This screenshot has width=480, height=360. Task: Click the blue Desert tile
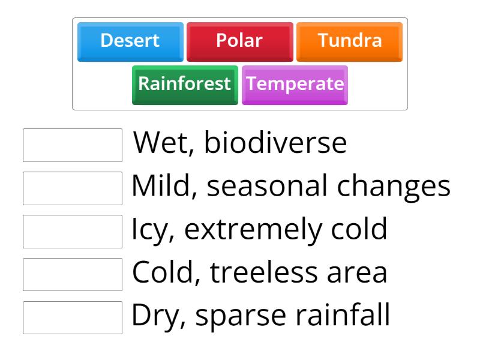[x=130, y=41]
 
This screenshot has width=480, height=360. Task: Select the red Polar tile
[x=239, y=41]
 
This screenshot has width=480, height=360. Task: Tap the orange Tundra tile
[x=349, y=41]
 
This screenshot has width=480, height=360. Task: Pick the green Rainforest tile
[x=185, y=84]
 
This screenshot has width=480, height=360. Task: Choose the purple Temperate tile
[x=295, y=84]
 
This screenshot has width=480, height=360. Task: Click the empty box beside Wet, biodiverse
[x=73, y=145]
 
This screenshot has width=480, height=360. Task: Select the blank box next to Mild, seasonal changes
[x=73, y=188]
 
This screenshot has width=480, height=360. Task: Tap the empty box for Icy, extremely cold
[x=73, y=231]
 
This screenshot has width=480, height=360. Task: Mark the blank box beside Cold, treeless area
[x=73, y=274]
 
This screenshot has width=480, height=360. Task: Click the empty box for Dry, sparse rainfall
[x=73, y=317]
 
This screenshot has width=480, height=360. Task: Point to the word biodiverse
[x=275, y=144]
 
